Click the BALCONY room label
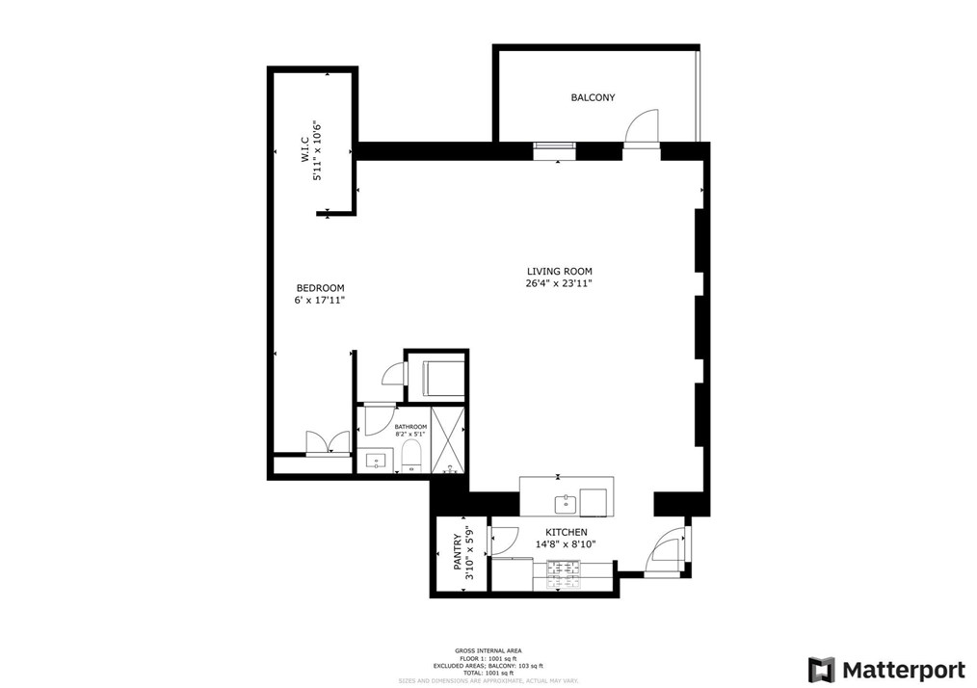(593, 97)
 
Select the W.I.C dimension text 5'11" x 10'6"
(314, 152)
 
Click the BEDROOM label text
(320, 288)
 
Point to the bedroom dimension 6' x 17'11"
(320, 301)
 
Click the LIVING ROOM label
(559, 272)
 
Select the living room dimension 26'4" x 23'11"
(559, 284)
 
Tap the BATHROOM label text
(410, 426)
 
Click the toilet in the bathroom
(411, 457)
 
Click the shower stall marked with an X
(447, 440)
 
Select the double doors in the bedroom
(328, 442)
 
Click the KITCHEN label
(567, 532)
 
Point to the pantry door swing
(502, 542)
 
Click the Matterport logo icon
(822, 670)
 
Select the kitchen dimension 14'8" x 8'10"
(567, 544)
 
